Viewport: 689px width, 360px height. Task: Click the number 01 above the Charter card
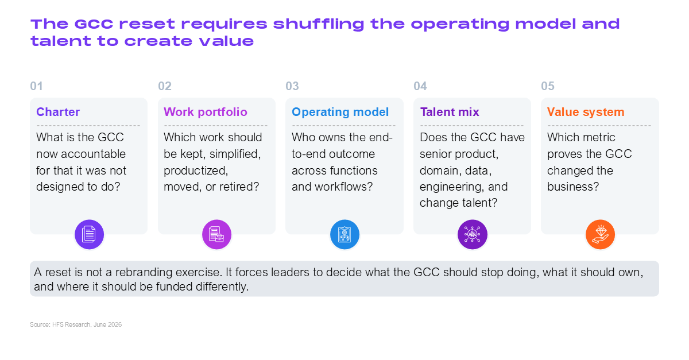click(36, 86)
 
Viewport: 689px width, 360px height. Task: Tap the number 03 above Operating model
click(292, 86)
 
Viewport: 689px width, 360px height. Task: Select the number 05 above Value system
click(548, 86)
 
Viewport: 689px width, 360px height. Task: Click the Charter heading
click(58, 112)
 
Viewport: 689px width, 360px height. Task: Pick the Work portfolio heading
click(206, 112)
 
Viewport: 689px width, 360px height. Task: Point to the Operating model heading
click(340, 112)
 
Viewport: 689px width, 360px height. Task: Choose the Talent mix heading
click(450, 112)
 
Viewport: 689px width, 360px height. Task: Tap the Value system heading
click(586, 112)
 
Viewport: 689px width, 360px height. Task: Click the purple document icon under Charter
click(89, 234)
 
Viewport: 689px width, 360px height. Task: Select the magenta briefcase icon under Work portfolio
click(216, 234)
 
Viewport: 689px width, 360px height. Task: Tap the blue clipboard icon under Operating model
click(345, 234)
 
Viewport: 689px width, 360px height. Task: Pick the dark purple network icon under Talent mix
click(473, 234)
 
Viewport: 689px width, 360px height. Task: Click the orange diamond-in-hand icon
click(600, 234)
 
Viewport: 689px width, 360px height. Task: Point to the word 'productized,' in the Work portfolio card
click(196, 171)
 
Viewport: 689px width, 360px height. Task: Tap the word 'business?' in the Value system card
click(573, 187)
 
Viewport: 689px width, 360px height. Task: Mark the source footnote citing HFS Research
click(76, 324)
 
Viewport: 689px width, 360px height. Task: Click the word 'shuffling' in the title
click(318, 24)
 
